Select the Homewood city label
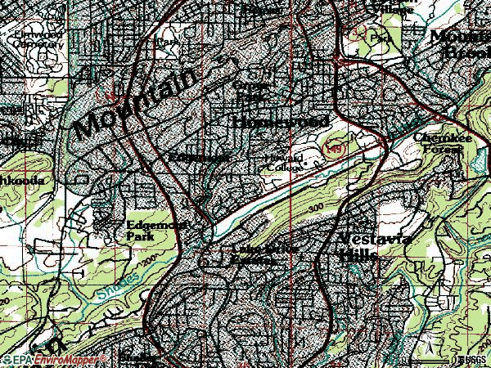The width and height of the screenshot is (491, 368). [281, 122]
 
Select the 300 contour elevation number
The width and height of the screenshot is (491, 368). [319, 210]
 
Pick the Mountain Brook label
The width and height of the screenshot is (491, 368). [459, 42]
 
